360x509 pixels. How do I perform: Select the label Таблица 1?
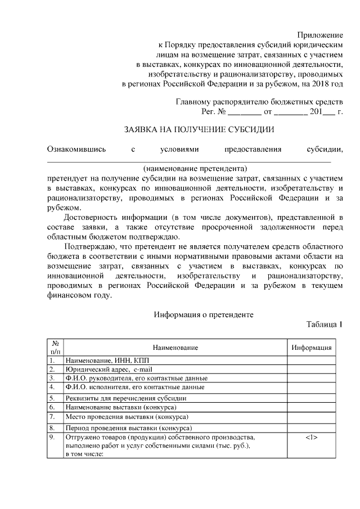(x=325, y=325)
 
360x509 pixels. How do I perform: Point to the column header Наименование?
(x=174, y=348)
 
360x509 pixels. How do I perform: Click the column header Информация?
(x=311, y=348)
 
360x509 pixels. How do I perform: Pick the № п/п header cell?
(x=55, y=348)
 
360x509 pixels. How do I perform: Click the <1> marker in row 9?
(x=312, y=437)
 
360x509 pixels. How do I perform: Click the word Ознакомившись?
(x=76, y=149)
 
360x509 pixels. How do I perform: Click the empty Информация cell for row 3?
(x=311, y=378)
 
